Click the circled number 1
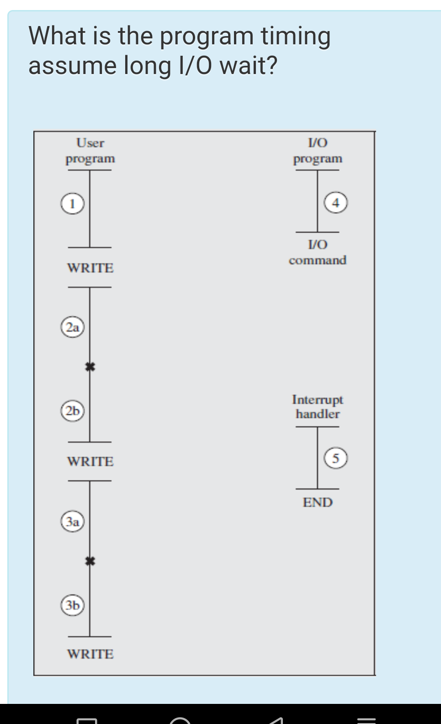[72, 203]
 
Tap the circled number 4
[336, 202]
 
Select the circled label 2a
[73, 327]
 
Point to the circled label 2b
[73, 411]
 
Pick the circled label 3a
[73, 522]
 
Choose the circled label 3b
[73, 605]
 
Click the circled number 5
[336, 458]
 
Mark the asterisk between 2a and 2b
[90, 366]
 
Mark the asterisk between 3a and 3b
[90, 561]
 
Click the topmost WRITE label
[90, 268]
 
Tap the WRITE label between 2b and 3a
[90, 461]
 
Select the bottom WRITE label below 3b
[90, 654]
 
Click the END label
[318, 502]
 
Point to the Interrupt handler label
[318, 407]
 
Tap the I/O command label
[318, 252]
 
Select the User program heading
[90, 151]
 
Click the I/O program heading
[318, 151]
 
